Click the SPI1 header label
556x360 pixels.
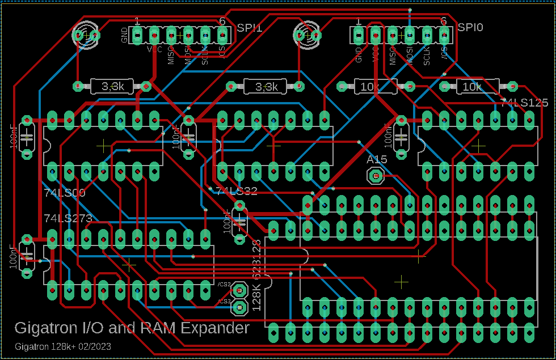coord(250,27)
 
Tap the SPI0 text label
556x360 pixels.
coord(470,27)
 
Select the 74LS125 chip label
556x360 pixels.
coord(524,103)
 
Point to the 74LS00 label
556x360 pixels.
coord(64,193)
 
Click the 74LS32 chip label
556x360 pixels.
coord(237,191)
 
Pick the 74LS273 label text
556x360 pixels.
coord(68,218)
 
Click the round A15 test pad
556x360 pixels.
coord(375,177)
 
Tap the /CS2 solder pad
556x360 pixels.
coord(239,290)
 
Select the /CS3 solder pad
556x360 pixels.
coord(239,307)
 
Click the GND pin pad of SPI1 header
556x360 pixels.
coord(137,35)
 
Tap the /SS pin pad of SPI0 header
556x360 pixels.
coord(443,35)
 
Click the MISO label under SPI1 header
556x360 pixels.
coord(171,55)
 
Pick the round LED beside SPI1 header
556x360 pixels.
coord(85,35)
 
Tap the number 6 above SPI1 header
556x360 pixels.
coord(222,21)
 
